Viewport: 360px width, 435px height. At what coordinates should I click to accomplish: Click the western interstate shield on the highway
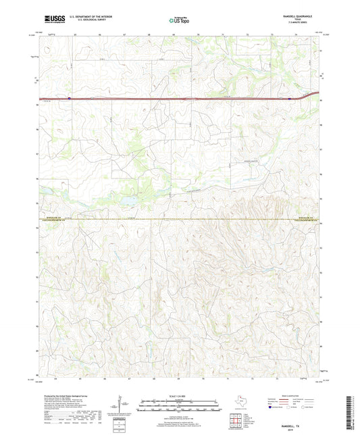coord(69,98)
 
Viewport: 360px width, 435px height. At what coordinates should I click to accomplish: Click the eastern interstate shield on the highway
coord(290,98)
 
